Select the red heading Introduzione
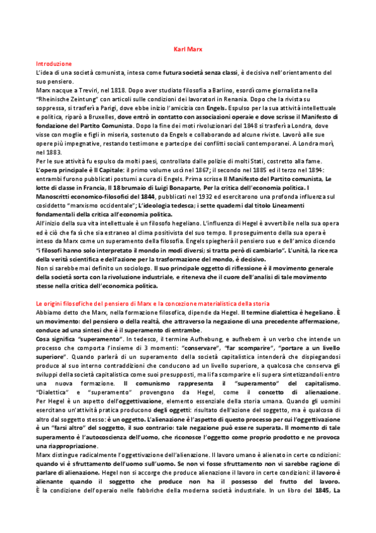coord(53,64)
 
